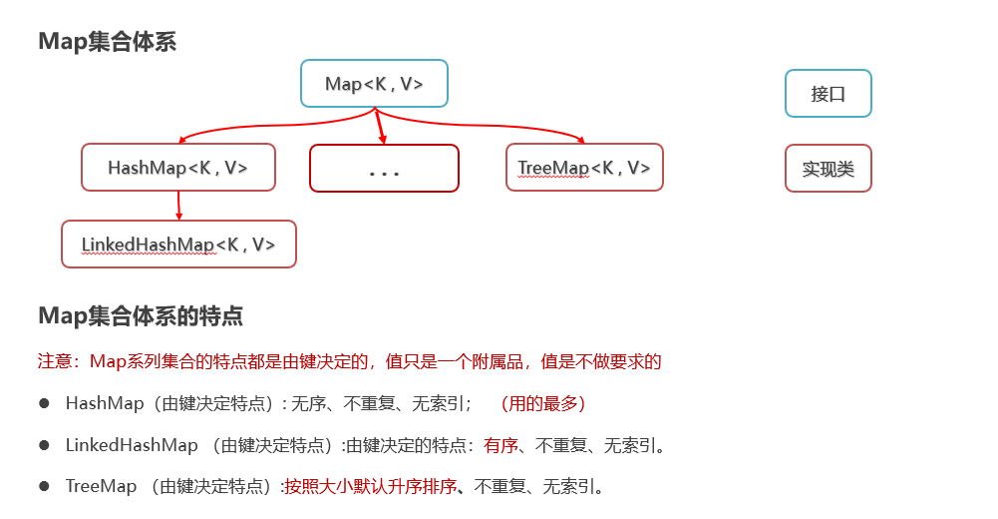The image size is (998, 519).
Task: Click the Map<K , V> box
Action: point(374,84)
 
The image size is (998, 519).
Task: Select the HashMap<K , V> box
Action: point(177,168)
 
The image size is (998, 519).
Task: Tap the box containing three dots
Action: point(384,169)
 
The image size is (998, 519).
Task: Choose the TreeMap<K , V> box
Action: point(583,168)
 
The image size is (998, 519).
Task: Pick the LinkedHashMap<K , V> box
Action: point(178,245)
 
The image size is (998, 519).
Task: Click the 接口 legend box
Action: point(828,94)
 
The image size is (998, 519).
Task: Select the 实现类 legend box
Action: point(828,169)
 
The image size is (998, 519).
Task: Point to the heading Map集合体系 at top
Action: point(107,42)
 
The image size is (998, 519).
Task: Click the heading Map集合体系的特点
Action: point(141,316)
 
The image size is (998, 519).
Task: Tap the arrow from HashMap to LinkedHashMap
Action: point(178,206)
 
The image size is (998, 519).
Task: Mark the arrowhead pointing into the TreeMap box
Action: point(580,141)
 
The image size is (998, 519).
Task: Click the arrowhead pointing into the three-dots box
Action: point(382,139)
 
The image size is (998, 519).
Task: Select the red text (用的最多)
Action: point(542,403)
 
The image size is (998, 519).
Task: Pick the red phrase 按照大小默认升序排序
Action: point(371,487)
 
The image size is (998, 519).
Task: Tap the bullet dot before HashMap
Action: point(44,403)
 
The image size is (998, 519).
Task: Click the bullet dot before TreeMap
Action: point(44,486)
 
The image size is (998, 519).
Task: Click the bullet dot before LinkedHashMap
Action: point(44,445)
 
